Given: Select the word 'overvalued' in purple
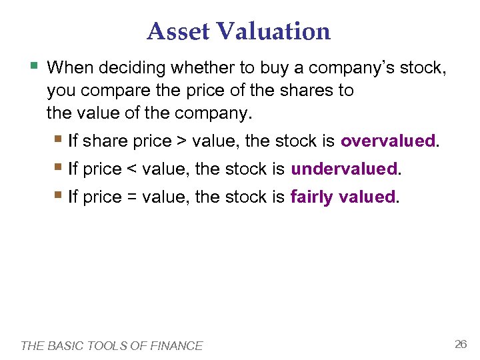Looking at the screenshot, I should tap(387, 141).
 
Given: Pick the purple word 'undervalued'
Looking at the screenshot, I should tap(344, 169).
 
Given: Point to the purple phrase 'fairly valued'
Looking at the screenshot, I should tap(343, 197).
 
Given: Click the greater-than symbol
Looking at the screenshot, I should tap(181, 141).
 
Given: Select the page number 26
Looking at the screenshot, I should tap(460, 344).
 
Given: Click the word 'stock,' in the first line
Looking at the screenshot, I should tap(425, 67).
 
